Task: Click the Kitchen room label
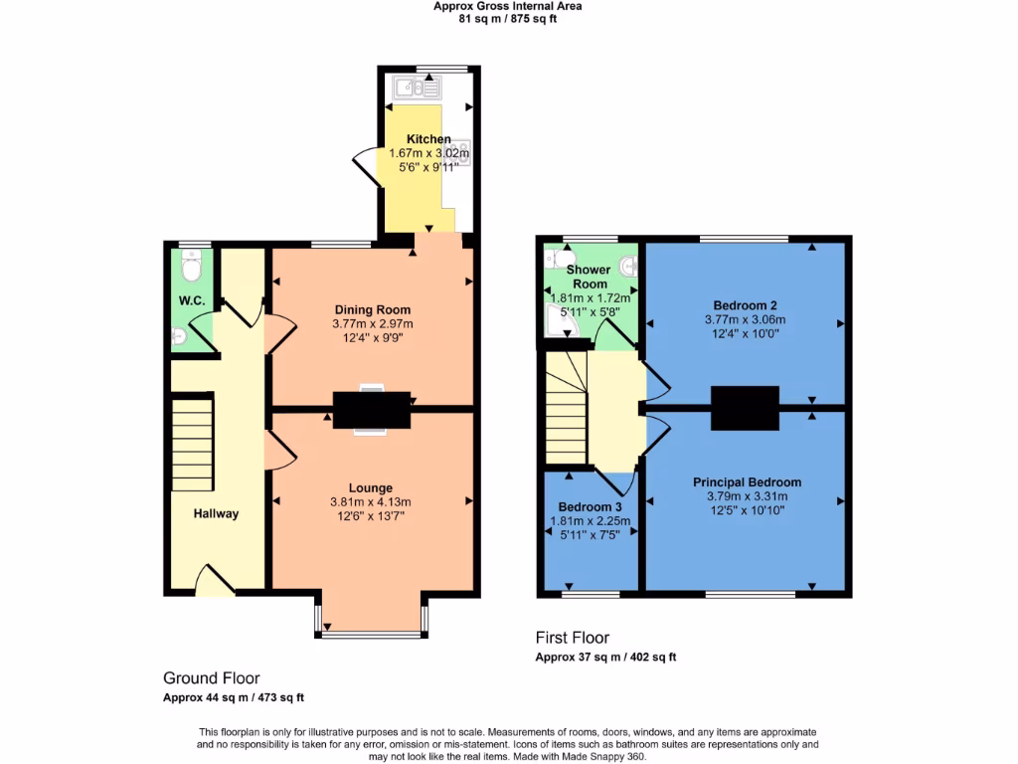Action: (428, 139)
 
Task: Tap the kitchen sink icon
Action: (418, 88)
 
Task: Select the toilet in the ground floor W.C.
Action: (192, 266)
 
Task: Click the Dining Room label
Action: (372, 309)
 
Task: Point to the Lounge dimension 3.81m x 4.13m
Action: (371, 501)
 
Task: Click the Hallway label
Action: (216, 513)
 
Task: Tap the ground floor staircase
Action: (193, 443)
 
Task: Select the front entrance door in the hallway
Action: (213, 581)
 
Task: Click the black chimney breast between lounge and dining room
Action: (372, 411)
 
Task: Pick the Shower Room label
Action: (588, 277)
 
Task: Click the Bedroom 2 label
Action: (745, 304)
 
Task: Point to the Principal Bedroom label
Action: (747, 481)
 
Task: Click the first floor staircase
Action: (565, 413)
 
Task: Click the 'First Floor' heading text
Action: (572, 638)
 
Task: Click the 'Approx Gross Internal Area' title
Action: (508, 6)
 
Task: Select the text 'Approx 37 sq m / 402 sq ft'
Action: (605, 657)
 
